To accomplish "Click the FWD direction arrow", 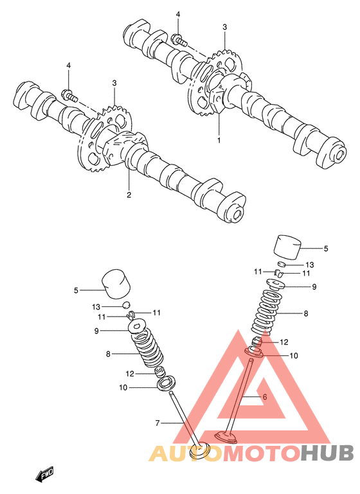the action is (x=44, y=473).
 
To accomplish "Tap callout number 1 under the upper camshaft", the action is (x=219, y=139).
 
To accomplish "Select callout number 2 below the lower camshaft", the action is (x=129, y=195).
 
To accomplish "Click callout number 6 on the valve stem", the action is (x=265, y=396).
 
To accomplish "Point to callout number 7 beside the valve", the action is (x=157, y=423).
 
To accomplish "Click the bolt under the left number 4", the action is (x=71, y=95).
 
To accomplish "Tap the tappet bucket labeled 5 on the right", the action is (x=287, y=247).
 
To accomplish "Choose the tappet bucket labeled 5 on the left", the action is (x=116, y=284).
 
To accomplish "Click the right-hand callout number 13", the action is (x=310, y=265).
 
